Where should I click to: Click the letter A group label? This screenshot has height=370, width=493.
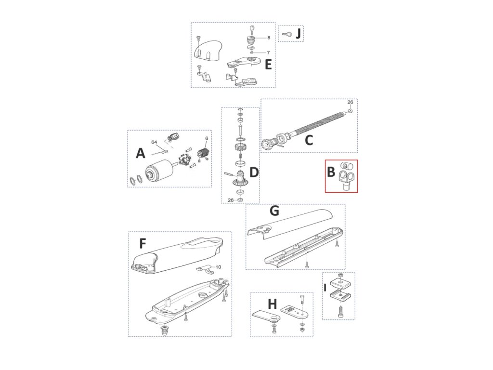coord(140,153)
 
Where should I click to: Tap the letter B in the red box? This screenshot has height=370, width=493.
coord(331,172)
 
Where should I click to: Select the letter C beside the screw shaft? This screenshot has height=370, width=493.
coord(309,140)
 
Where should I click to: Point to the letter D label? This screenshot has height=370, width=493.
coord(254,172)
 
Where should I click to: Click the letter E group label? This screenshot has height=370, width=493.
coord(268,65)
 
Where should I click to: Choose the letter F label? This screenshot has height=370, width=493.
coord(143,244)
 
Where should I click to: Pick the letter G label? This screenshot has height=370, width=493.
coord(274,211)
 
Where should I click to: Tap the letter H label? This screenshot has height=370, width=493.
coord(272,304)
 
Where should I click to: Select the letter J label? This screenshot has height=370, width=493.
coord(298,34)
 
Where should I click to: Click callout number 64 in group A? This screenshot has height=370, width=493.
coord(155,142)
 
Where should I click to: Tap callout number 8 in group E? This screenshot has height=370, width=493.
coord(269,37)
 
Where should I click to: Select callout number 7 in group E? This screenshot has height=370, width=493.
coord(268,52)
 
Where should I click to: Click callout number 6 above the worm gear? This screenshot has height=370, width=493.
coord(207,138)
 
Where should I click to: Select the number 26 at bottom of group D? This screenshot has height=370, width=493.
coord(231,200)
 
